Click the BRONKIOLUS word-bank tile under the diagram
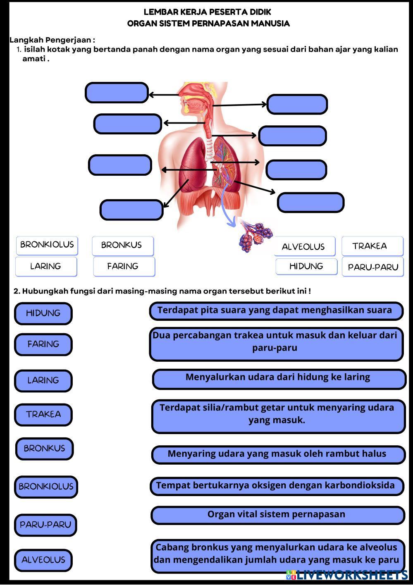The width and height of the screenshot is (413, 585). tap(47, 245)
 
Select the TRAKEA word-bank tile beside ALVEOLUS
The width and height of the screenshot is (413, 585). tap(372, 246)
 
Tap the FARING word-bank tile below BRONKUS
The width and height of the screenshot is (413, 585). tap(124, 267)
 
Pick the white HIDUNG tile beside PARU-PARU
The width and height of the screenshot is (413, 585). tap(306, 267)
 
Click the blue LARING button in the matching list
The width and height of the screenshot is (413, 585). tap(43, 380)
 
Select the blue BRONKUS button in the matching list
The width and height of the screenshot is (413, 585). tap(44, 449)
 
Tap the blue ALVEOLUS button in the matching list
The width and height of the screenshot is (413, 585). tap(43, 560)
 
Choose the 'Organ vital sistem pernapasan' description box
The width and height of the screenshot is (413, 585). tap(277, 515)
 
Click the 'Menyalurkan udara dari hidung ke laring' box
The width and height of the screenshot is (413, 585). tap(279, 378)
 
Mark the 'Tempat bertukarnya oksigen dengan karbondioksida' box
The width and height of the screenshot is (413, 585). tap(276, 486)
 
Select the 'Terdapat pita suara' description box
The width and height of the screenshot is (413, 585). tap(276, 311)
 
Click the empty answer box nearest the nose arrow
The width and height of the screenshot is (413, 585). tap(117, 93)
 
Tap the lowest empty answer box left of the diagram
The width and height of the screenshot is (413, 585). tap(131, 210)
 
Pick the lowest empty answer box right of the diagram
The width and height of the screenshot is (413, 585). tap(310, 203)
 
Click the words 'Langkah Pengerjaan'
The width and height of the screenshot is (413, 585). tap(52, 40)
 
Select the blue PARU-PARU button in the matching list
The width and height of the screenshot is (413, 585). tap(45, 525)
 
